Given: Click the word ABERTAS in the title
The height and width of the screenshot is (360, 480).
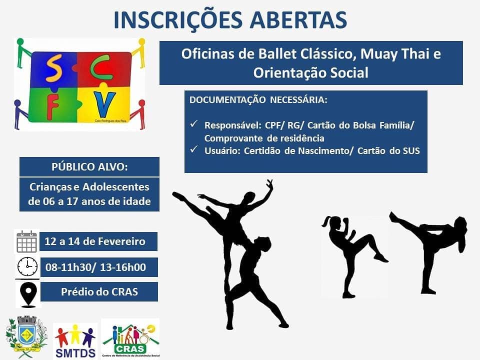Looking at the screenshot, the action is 298,20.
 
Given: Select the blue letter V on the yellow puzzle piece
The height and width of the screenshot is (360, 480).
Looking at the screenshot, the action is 104,104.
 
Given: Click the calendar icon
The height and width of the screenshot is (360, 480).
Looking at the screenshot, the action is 26,241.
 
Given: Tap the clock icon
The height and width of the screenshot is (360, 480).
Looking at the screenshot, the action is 27,266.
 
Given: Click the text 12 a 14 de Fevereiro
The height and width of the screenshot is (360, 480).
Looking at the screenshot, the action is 95,241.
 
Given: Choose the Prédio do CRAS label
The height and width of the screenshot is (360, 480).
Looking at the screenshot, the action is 99,291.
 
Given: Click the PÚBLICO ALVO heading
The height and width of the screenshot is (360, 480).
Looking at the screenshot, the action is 89,167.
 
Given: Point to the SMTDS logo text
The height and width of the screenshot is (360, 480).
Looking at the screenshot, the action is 75,352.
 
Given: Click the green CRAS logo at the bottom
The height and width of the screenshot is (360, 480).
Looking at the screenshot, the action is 130,338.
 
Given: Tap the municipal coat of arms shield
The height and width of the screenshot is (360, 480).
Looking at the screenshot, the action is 27,333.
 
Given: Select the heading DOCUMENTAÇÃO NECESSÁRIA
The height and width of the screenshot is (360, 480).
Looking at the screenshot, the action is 258,100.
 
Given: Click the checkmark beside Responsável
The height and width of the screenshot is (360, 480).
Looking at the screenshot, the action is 194,124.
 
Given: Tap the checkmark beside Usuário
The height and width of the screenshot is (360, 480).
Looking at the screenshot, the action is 194,149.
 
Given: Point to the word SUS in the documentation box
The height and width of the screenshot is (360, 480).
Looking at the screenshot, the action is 411,151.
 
